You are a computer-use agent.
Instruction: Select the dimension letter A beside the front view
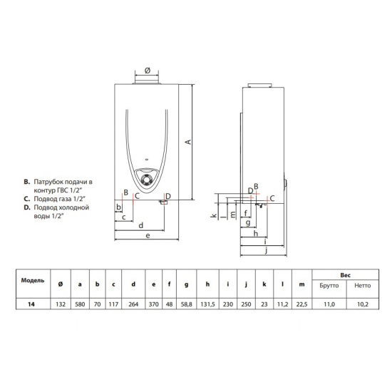[x=188, y=142]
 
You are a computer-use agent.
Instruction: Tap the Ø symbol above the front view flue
[x=146, y=71]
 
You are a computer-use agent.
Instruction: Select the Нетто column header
[x=362, y=285]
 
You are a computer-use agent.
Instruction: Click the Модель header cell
[x=33, y=280]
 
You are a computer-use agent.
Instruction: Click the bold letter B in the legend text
[x=26, y=182]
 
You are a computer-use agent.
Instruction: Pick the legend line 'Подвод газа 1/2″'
[x=60, y=200]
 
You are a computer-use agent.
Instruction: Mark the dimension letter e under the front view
[x=146, y=235]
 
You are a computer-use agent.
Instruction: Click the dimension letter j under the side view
[x=264, y=250]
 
